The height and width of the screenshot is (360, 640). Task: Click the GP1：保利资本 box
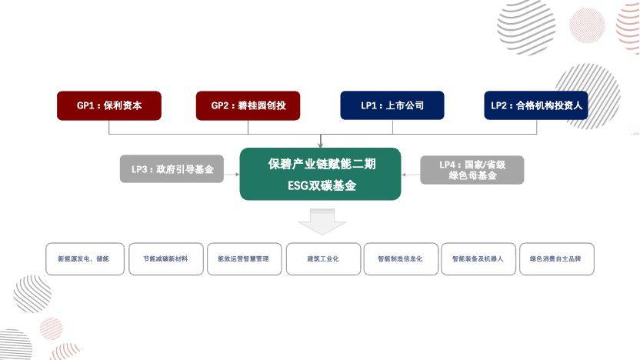pyautogui.click(x=109, y=105)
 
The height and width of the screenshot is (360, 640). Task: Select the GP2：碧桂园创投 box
pyautogui.click(x=248, y=105)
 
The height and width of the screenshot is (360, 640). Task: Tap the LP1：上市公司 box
pyautogui.click(x=392, y=105)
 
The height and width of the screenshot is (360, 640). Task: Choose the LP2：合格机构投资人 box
pyautogui.click(x=536, y=105)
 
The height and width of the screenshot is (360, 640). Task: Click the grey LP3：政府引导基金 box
pyautogui.click(x=172, y=169)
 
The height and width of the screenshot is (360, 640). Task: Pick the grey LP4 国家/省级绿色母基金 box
pyautogui.click(x=472, y=170)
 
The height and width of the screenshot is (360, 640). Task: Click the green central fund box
pyautogui.click(x=321, y=174)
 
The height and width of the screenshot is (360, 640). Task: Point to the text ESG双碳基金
pyautogui.click(x=322, y=185)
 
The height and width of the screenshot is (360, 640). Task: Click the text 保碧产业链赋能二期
pyautogui.click(x=322, y=164)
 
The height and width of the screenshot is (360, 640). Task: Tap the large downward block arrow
pyautogui.click(x=322, y=222)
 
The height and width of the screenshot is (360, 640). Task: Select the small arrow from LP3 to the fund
pyautogui.click(x=232, y=175)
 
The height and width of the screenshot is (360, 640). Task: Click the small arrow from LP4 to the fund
pyautogui.click(x=411, y=175)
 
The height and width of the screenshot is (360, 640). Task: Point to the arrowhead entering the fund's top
pyautogui.click(x=321, y=145)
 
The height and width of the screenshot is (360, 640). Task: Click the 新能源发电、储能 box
pyautogui.click(x=85, y=258)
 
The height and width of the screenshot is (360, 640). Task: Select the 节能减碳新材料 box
pyautogui.click(x=166, y=258)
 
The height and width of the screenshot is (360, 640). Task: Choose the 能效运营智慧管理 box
pyautogui.click(x=244, y=258)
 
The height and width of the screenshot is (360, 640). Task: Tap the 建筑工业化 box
pyautogui.click(x=323, y=258)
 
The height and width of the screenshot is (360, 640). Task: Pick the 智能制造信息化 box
pyautogui.click(x=401, y=258)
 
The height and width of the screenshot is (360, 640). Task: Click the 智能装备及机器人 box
pyautogui.click(x=478, y=258)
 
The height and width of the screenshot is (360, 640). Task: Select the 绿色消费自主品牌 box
pyautogui.click(x=557, y=258)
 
